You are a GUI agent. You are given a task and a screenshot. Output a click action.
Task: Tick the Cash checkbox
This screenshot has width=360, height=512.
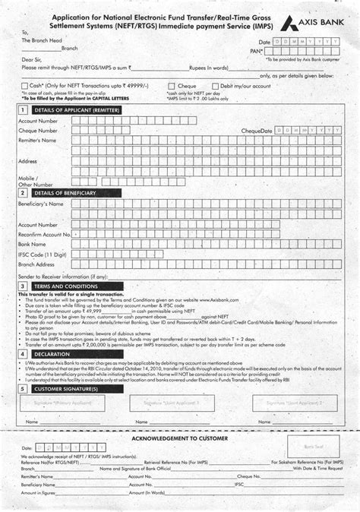click(25, 87)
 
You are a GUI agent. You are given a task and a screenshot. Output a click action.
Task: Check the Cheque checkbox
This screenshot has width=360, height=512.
click(172, 87)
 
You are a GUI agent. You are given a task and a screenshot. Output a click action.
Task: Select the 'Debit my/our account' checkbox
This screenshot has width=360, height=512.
click(215, 87)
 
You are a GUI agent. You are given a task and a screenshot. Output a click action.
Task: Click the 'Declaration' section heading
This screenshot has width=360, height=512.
click(52, 354)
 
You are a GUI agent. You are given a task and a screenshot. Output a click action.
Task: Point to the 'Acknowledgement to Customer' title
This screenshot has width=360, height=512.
click(179, 439)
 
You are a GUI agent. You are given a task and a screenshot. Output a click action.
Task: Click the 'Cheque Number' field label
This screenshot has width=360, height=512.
click(38, 131)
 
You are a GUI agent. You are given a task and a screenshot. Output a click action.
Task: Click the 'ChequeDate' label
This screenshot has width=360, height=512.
click(257, 131)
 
